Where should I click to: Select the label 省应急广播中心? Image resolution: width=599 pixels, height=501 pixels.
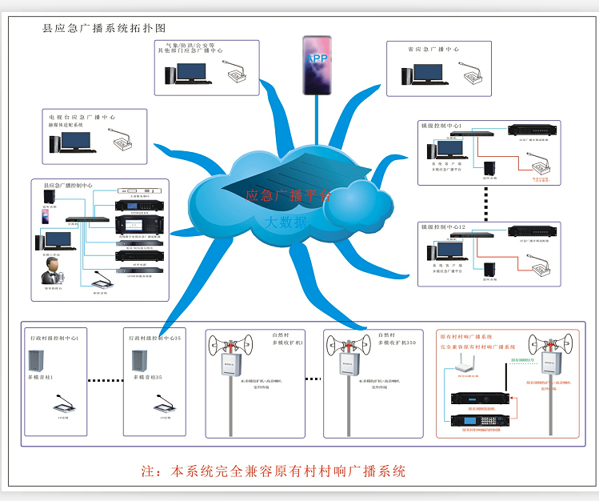pyautogui.click(x=433, y=49)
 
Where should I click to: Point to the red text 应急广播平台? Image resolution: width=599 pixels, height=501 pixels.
pyautogui.click(x=287, y=194)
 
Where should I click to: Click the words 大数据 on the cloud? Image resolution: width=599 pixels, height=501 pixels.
pyautogui.click(x=286, y=222)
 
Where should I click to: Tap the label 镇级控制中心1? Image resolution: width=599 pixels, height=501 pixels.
pyautogui.click(x=447, y=126)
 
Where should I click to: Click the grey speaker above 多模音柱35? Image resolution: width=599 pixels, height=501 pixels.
pyautogui.click(x=139, y=360)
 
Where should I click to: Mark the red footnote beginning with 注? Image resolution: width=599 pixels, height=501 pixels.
pyautogui.click(x=273, y=471)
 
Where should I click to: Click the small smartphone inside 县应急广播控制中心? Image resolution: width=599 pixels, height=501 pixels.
pyautogui.click(x=47, y=216)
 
